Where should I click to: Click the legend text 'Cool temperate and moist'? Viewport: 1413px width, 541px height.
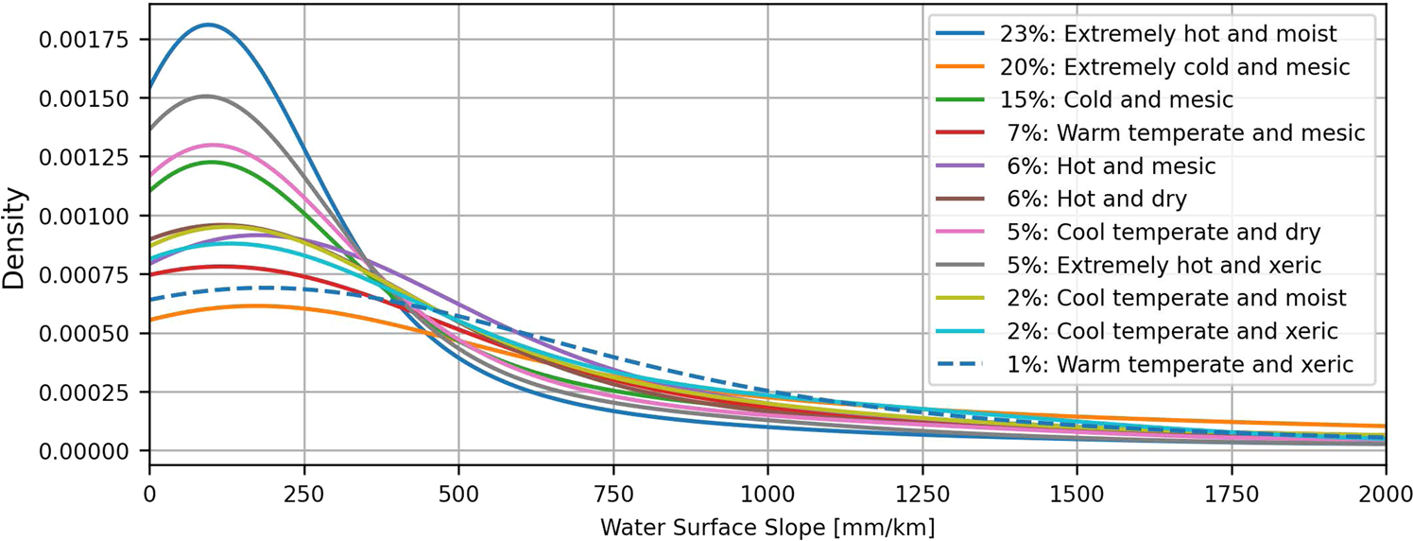(1173, 298)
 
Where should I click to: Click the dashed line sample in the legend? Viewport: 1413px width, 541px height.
(960, 364)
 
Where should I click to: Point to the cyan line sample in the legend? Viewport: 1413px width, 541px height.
(960, 331)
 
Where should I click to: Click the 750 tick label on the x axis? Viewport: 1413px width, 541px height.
(612, 493)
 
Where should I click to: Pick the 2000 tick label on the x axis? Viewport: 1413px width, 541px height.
(1384, 493)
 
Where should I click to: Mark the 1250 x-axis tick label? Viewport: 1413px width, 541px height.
(922, 493)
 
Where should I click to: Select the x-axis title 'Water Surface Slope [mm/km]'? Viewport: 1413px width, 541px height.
(767, 524)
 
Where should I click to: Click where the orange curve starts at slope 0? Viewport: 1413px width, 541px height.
(150, 320)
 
